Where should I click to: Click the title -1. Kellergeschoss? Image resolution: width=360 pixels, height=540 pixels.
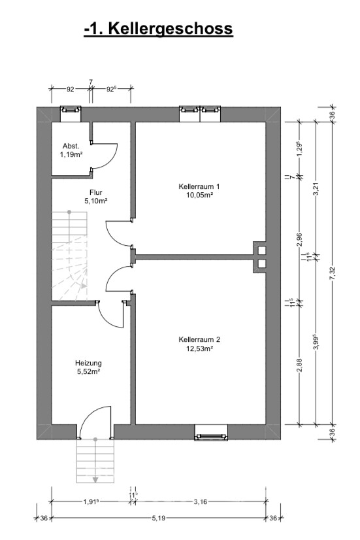click(158, 29)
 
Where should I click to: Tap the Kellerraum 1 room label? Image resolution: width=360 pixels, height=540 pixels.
click(199, 186)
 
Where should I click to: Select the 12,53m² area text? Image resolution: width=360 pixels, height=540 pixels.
click(199, 348)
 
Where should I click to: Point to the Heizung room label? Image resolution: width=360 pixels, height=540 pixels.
click(88, 363)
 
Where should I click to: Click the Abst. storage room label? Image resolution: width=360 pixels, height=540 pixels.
click(71, 146)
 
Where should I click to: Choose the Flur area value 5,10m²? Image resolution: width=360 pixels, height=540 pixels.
click(96, 201)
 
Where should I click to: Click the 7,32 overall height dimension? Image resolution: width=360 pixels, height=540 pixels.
click(332, 273)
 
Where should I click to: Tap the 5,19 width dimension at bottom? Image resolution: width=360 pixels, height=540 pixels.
click(159, 518)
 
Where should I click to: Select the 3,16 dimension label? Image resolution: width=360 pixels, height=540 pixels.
click(201, 502)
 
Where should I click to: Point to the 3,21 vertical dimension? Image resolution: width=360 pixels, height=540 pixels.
click(316, 188)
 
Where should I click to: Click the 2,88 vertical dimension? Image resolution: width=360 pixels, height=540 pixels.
click(299, 365)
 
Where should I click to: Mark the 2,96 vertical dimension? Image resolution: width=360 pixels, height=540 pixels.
click(299, 240)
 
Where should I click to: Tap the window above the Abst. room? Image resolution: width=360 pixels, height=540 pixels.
click(71, 110)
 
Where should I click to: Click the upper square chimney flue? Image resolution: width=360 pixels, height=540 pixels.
click(261, 250)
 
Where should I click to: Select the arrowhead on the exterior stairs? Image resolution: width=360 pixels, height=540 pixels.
click(95, 479)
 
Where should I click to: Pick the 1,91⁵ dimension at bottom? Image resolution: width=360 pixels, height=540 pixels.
click(91, 502)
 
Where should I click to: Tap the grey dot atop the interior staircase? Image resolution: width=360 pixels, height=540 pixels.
click(69, 212)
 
